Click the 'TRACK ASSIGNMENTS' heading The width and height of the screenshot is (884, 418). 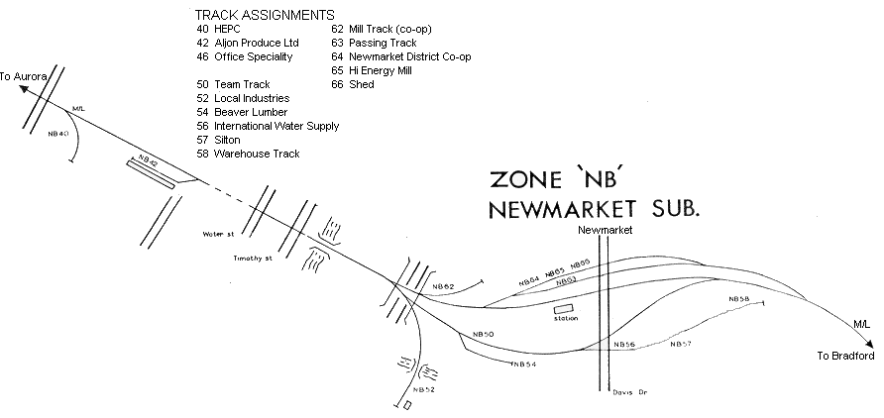coord(265,15)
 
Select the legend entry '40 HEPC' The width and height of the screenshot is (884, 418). coord(219,30)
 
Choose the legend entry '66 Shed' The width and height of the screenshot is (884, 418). coord(353,85)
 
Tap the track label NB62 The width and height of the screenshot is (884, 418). coord(443,287)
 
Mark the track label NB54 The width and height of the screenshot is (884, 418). coord(523,366)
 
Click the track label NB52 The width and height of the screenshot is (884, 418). coord(423,390)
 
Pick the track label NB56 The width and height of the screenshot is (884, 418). coord(624,345)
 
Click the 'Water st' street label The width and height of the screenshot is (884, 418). coord(216,235)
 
